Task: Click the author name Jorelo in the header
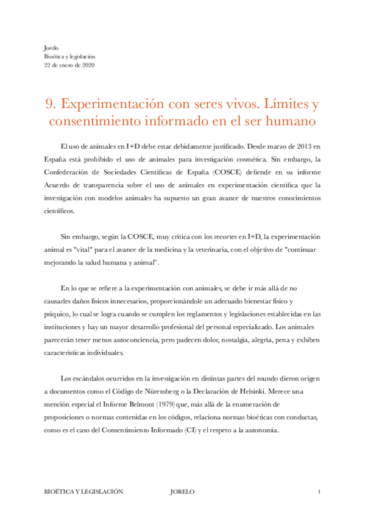point(52,48)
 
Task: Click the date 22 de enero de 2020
point(69,65)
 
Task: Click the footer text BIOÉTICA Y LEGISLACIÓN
point(82,491)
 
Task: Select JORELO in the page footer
point(183,491)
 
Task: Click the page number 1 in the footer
point(319,491)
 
